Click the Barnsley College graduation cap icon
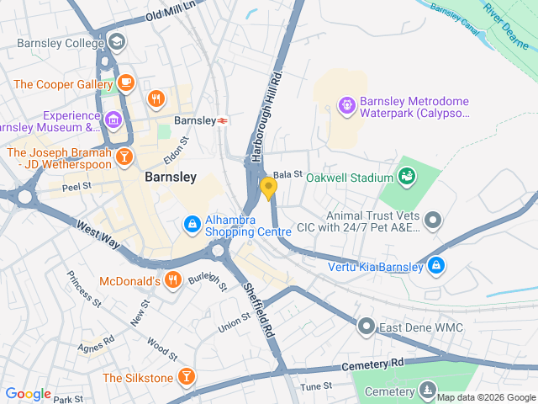coord(116,41)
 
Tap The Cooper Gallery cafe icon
coord(126,82)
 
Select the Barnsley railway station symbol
coord(223,120)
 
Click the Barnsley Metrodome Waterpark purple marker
coord(345,104)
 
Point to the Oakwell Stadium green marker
coord(407,177)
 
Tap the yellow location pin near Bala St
coord(268,188)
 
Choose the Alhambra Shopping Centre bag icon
coord(192,224)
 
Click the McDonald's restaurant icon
coord(173,280)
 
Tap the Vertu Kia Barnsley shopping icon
coord(435,267)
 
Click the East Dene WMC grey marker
coord(366,325)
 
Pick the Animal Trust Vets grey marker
coord(433,221)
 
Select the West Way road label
coord(98,236)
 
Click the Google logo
coord(28,393)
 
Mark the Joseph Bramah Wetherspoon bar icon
coord(124,157)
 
